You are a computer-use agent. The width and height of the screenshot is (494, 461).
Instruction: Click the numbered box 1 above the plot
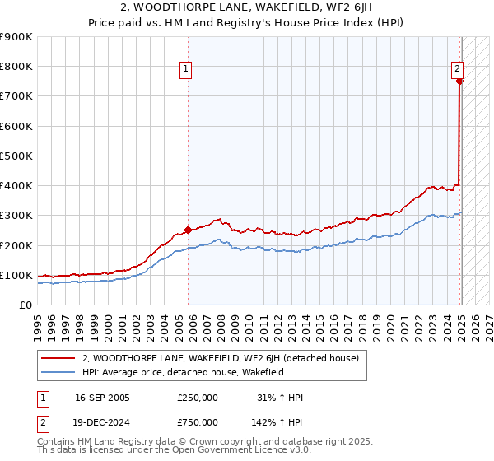tap(187, 70)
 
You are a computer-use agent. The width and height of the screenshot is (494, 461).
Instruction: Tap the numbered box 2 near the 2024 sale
tap(456, 70)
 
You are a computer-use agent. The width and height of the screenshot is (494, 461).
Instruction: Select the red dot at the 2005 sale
tap(188, 230)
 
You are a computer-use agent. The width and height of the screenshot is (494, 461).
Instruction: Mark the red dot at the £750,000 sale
tap(459, 81)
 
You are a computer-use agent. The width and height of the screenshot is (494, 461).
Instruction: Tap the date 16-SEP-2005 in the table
tap(102, 398)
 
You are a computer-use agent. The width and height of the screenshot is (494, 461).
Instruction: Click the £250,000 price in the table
tap(198, 398)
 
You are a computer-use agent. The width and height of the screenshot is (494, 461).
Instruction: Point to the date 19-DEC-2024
tap(102, 421)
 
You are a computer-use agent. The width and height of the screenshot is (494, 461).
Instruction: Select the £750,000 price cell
tap(198, 421)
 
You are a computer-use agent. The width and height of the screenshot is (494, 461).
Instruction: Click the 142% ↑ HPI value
tap(277, 421)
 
